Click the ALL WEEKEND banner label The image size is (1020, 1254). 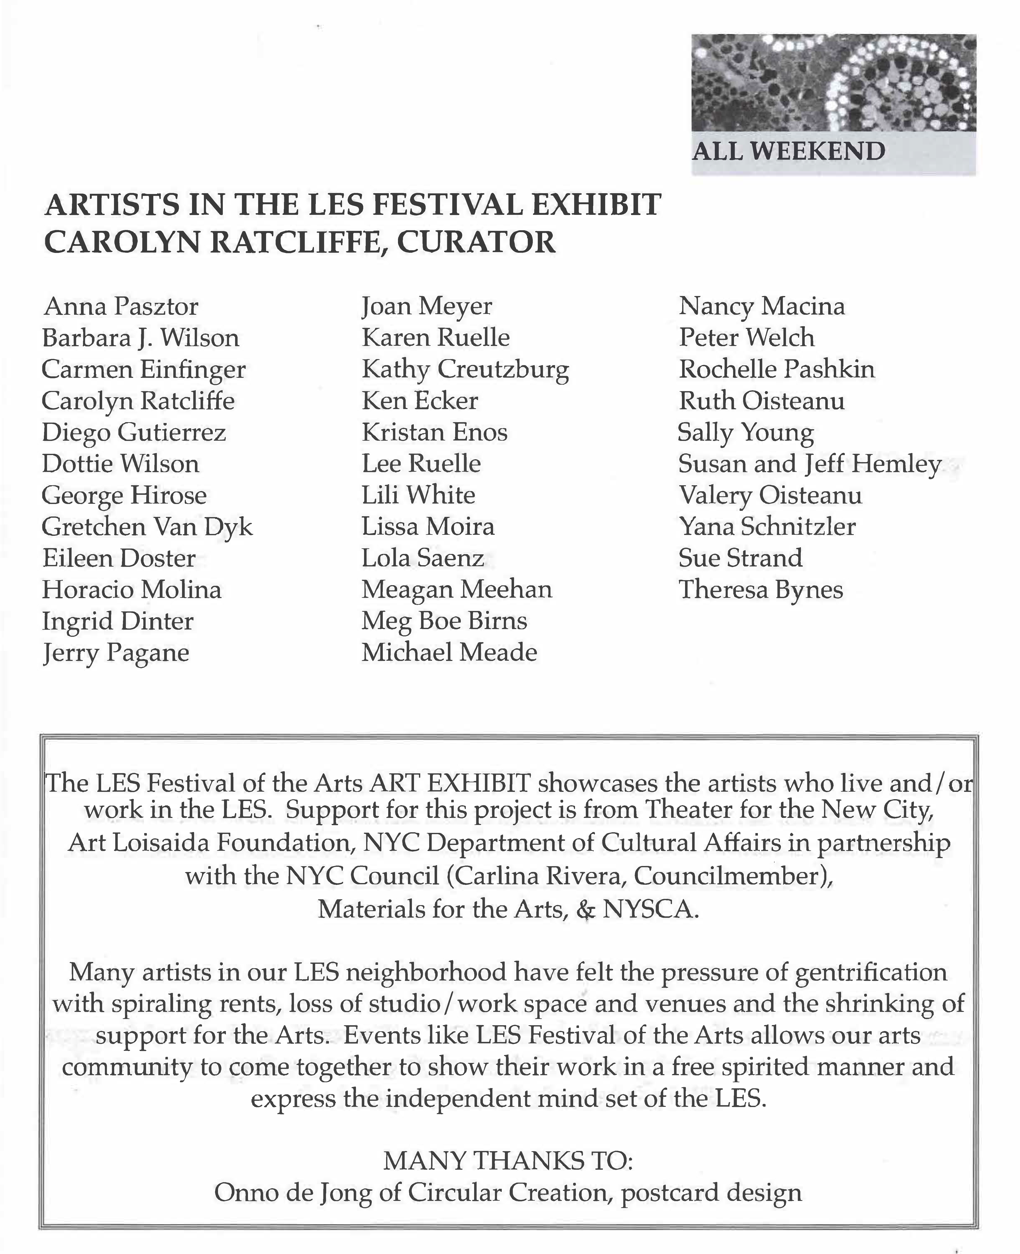pyautogui.click(x=788, y=152)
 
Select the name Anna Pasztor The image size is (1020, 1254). pyautogui.click(x=121, y=306)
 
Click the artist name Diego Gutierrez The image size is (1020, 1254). pyautogui.click(x=134, y=433)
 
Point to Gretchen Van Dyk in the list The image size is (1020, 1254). pyautogui.click(x=147, y=527)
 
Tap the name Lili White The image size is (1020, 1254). pyautogui.click(x=418, y=495)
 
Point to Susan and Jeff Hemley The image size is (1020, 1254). pyautogui.click(x=810, y=464)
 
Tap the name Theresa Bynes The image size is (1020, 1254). pyautogui.click(x=761, y=590)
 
